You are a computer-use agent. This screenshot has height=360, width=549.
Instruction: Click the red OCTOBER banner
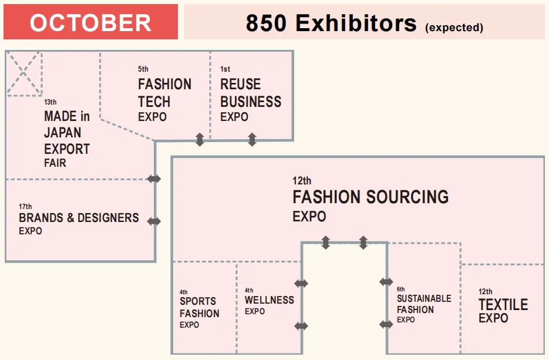coord(90,22)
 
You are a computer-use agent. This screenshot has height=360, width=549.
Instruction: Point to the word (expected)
coord(453,27)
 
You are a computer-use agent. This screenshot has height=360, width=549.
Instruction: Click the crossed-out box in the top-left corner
coord(23,73)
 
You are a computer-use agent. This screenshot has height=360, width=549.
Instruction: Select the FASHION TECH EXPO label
coord(164,100)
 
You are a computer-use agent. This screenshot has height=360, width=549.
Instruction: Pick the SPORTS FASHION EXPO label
coord(200,313)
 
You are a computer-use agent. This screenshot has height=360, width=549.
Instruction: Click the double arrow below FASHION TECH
coord(200,140)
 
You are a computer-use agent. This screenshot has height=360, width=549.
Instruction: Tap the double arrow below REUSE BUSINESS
coord(252,140)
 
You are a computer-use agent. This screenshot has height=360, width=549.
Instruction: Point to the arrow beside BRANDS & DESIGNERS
coord(154,221)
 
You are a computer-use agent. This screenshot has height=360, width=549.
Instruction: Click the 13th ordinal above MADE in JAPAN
coord(50,102)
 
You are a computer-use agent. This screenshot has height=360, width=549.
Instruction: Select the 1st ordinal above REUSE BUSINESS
coord(225,69)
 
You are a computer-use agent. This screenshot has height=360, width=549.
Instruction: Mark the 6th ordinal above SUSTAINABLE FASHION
coord(401,289)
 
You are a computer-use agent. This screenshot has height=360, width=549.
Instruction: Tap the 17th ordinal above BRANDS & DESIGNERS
coord(25,207)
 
